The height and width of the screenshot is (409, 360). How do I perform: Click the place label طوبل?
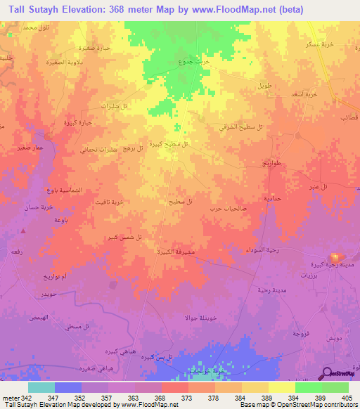click(264, 85)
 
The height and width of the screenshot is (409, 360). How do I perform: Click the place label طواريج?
click(271, 163)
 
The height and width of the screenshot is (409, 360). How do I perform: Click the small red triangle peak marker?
click(23, 230)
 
